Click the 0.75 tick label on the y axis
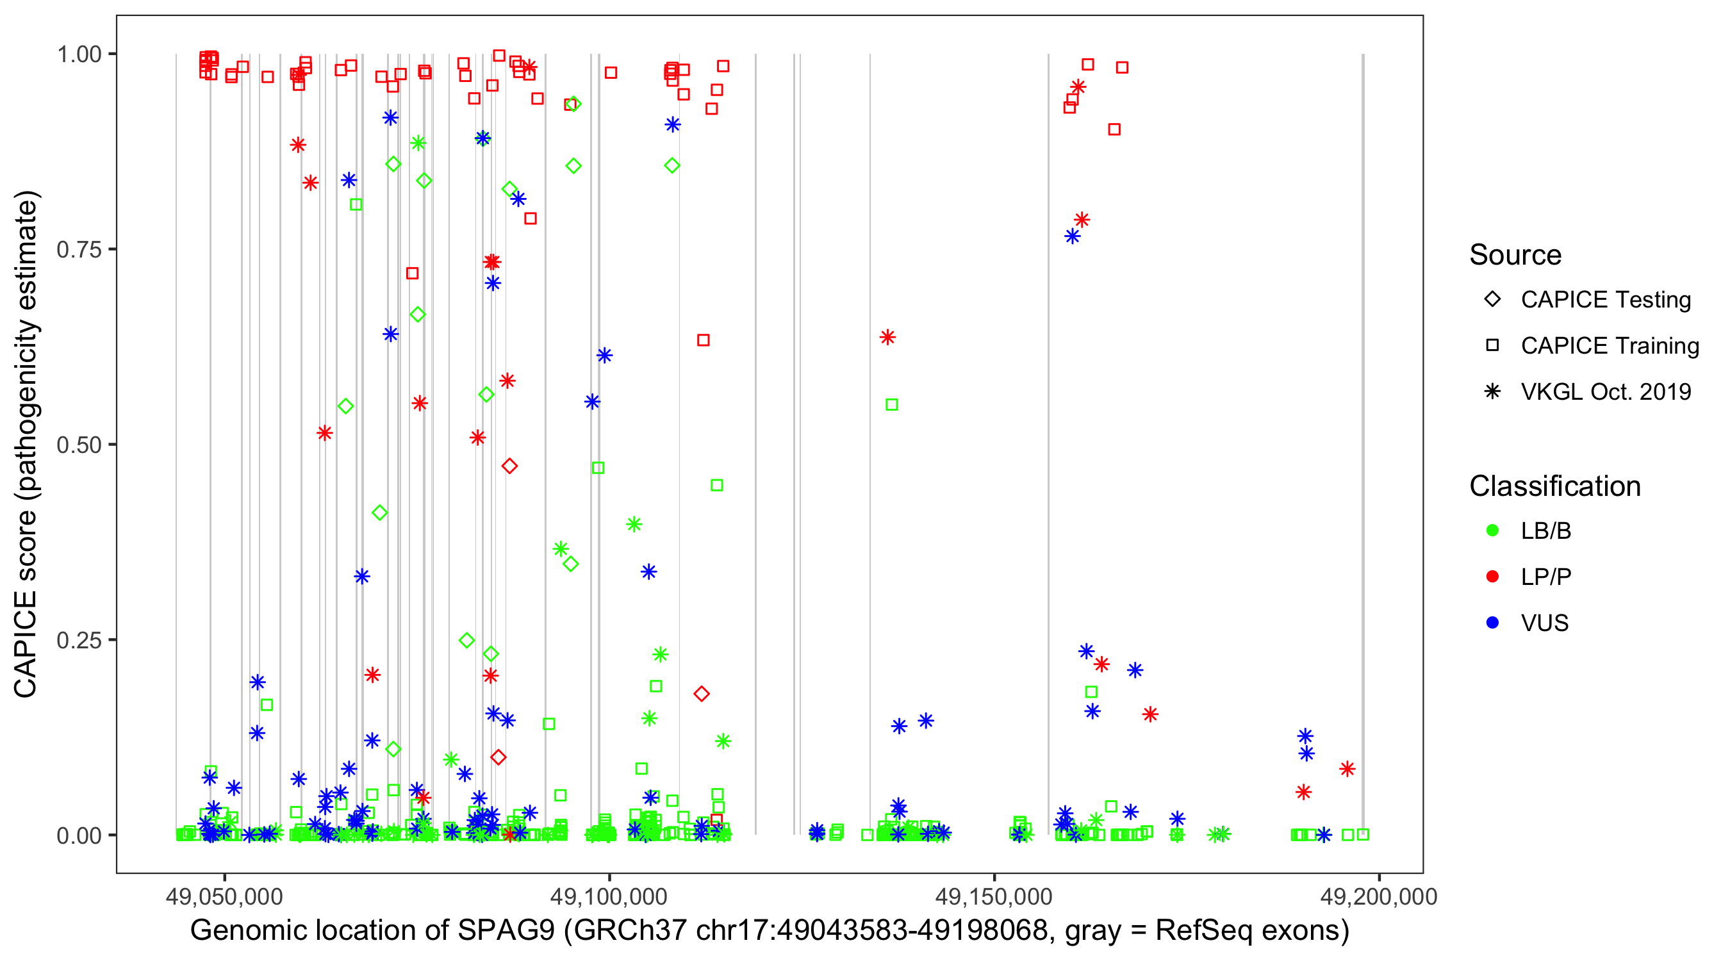[78, 249]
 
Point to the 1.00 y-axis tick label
[78, 54]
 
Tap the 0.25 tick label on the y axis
[78, 640]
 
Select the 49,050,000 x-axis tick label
[224, 896]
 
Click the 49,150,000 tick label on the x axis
[994, 896]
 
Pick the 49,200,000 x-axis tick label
[1379, 896]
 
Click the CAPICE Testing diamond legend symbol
[1492, 300]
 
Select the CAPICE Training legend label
[1609, 346]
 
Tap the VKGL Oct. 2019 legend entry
[1605, 392]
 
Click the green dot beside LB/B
[1492, 530]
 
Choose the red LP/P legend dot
[1492, 577]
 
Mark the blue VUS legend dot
[1492, 623]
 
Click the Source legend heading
[1515, 255]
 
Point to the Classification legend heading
[1554, 486]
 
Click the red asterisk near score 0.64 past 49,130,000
[887, 337]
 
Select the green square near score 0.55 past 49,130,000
[891, 405]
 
